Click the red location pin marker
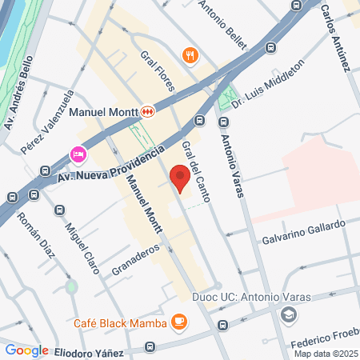coord(179,177)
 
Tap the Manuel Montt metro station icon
coord(147,112)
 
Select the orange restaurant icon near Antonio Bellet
coord(190,55)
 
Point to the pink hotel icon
coord(78,153)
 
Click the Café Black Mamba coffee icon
coord(178,322)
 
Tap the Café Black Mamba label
coord(120,323)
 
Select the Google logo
coord(26,350)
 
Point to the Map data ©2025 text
coord(325,354)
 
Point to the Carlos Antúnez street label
coord(336,36)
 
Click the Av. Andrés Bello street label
coord(21,93)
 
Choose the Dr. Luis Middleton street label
coord(268,82)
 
